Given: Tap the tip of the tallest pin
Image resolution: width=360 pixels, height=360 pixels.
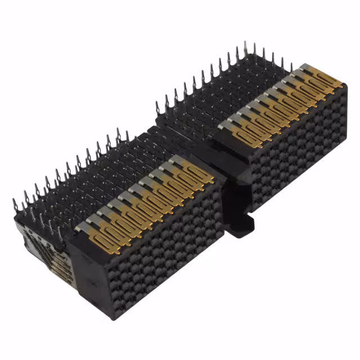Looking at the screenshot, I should click(245, 43).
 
